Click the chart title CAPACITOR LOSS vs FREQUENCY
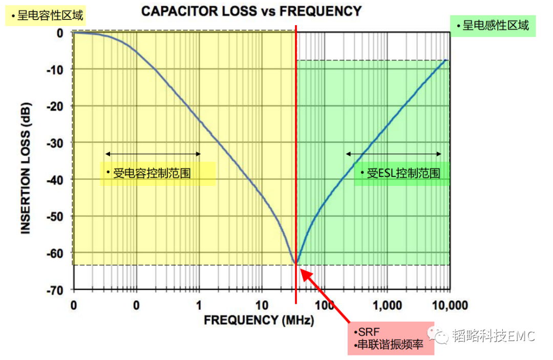click(x=251, y=11)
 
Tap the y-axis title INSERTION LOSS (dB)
click(x=26, y=174)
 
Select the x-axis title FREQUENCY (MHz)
click(x=259, y=320)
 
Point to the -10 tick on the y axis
click(x=57, y=69)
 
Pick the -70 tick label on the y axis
click(x=57, y=290)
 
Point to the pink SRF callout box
click(x=391, y=338)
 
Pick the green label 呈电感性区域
click(x=492, y=25)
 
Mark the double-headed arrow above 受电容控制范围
click(x=153, y=154)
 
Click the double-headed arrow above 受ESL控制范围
click(x=393, y=154)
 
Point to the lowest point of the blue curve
click(x=295, y=263)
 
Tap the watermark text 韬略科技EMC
click(x=493, y=336)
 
